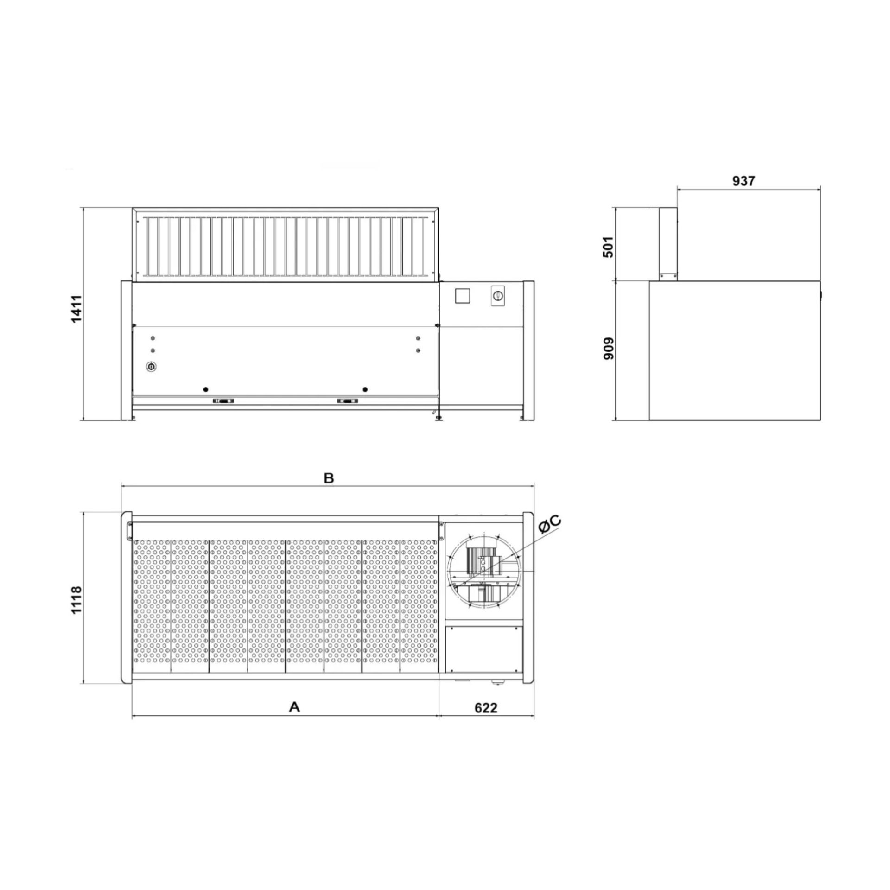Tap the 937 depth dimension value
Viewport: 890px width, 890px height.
[744, 181]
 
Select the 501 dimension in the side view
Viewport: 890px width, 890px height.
[608, 247]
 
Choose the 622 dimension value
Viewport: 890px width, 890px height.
[486, 708]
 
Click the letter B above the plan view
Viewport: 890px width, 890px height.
[329, 478]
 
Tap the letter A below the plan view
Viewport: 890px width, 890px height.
[294, 707]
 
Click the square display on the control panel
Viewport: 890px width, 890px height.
[463, 296]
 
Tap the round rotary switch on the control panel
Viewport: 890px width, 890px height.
[498, 295]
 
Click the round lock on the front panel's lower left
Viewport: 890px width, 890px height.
[151, 367]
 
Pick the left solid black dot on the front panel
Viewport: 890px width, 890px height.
[206, 389]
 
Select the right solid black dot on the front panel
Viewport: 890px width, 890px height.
[365, 389]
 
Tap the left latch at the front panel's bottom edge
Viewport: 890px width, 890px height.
[223, 401]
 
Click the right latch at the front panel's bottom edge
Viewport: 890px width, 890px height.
[348, 401]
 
